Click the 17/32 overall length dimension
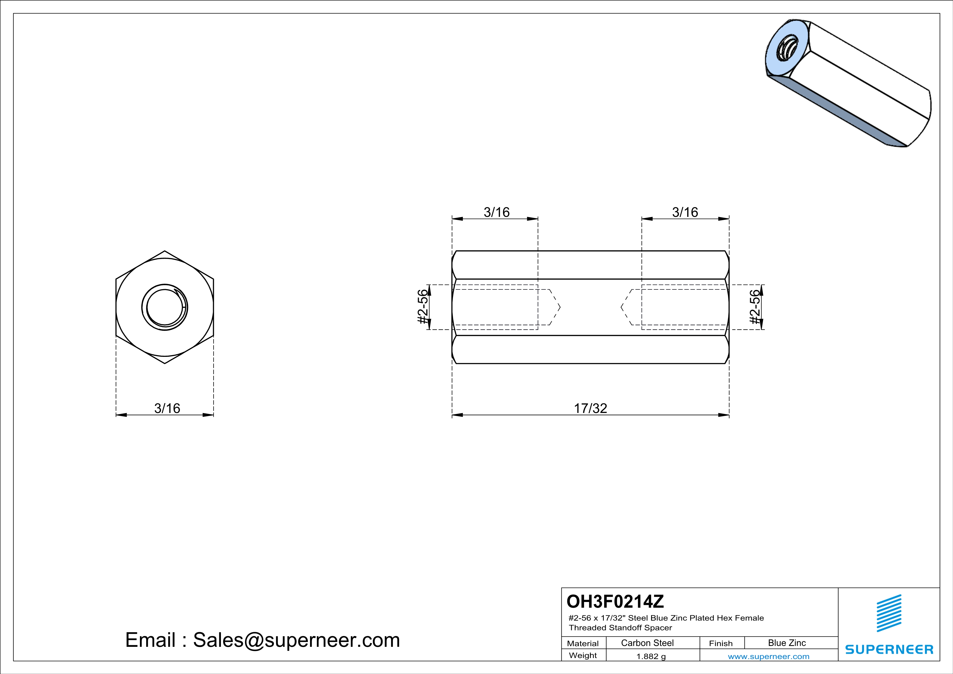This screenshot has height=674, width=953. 590,408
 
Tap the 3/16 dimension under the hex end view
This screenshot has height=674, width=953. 167,408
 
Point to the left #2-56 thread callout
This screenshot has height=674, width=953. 422,307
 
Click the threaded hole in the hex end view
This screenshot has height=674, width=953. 165,307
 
